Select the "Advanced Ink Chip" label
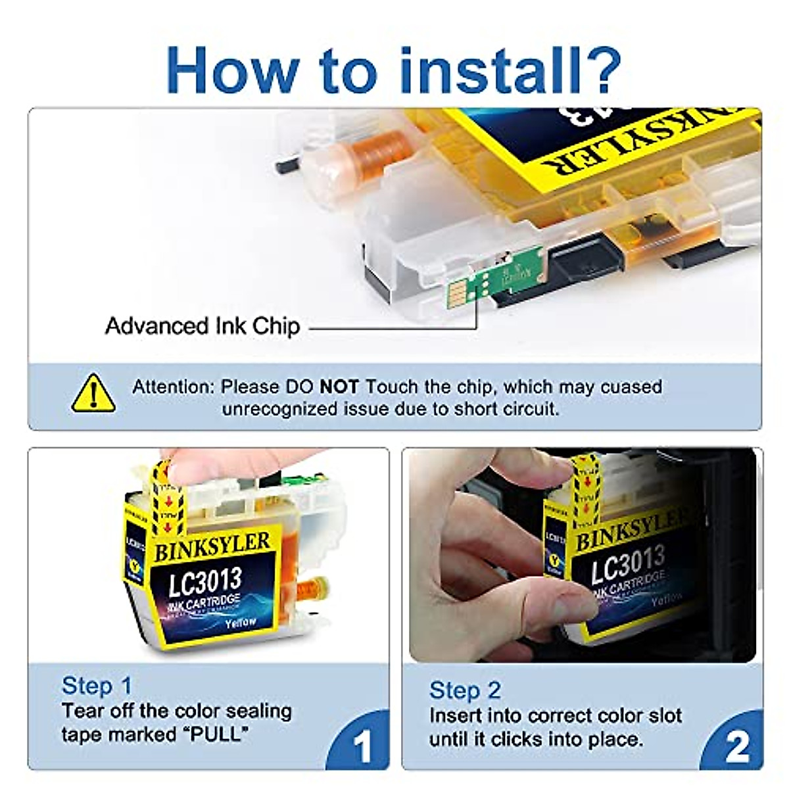coord(203,326)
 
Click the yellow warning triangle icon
coord(94,394)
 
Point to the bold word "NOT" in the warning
coord(339,387)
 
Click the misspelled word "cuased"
coord(631,387)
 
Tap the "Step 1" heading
coord(97,686)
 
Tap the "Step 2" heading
coord(465,690)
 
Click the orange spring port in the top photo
coord(388,148)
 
